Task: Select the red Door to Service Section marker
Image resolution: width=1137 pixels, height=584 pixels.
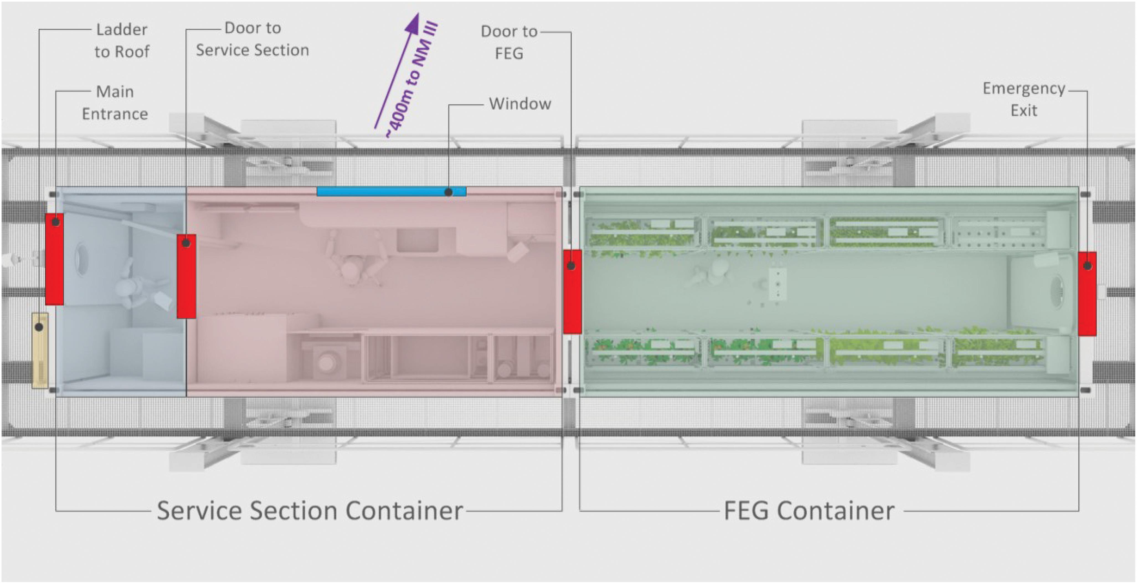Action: (186, 276)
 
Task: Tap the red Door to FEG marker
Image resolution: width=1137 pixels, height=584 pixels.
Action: (572, 291)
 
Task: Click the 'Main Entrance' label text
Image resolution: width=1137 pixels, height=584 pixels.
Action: (115, 103)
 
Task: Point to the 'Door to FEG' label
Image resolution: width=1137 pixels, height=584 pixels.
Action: (509, 42)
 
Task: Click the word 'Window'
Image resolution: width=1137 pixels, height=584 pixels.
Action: (520, 104)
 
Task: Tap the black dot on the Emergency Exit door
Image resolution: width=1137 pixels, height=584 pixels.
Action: (1087, 266)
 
